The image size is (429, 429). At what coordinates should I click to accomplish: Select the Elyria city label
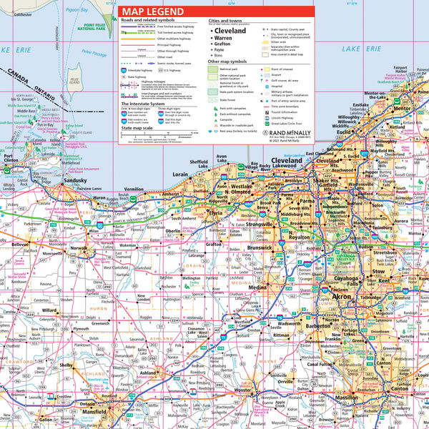215,213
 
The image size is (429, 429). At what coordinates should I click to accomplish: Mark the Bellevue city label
19,245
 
